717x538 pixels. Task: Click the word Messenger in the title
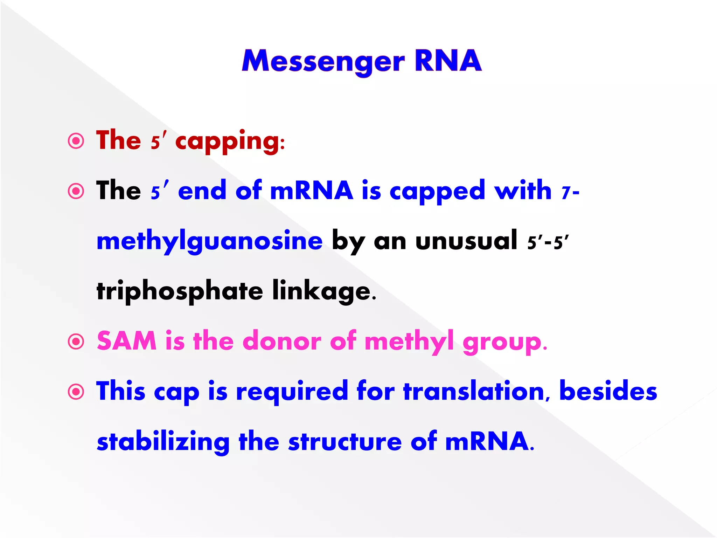(323, 62)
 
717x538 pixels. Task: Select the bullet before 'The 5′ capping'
(76, 141)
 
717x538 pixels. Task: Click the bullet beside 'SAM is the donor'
(76, 342)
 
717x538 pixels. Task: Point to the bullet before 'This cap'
(76, 392)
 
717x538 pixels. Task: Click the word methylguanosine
(209, 242)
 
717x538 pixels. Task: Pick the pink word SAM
(126, 341)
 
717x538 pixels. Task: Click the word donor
(281, 341)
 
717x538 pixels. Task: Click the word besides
(608, 391)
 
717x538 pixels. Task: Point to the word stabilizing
(163, 442)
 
